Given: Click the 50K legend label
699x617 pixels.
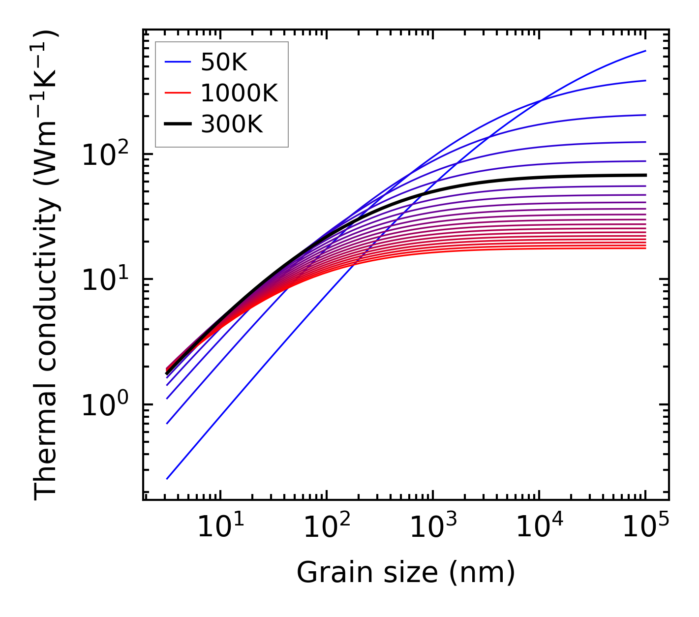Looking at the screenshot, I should click(224, 62).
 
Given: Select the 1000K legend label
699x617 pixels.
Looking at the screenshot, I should click(239, 93).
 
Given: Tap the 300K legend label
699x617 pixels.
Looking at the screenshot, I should click(232, 125).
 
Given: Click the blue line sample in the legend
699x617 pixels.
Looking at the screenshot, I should click(177, 62).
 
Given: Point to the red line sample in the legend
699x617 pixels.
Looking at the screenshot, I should click(177, 93).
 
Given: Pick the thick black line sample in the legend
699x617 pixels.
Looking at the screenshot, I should click(177, 124).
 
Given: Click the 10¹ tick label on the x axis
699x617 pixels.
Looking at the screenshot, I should click(220, 528).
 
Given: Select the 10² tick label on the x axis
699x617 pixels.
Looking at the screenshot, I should click(326, 528).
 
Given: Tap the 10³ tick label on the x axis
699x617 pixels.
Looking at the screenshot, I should click(432, 528).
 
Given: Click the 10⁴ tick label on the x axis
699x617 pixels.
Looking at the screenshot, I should click(539, 528).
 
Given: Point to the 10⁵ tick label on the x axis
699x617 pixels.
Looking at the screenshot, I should click(645, 528).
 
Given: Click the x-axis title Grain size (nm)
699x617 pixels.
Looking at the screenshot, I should click(406, 573).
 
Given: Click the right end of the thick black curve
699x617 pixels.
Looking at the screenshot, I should click(645, 175).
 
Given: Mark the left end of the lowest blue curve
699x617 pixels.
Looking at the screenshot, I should click(167, 478).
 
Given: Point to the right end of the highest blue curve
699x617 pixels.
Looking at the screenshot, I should click(645, 51).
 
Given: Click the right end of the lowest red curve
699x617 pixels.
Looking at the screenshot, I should click(645, 248).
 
